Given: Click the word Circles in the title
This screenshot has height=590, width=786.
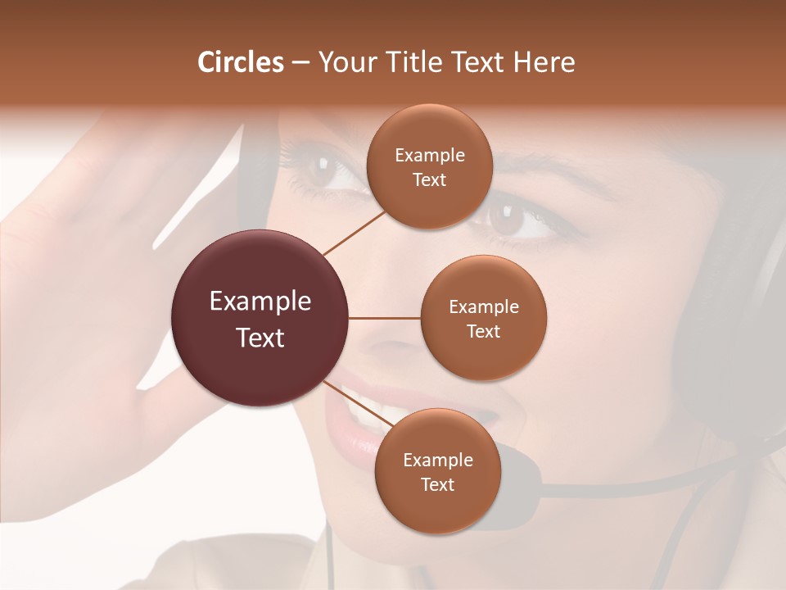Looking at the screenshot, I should tap(240, 62).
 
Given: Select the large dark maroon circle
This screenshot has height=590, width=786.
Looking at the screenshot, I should tap(260, 319).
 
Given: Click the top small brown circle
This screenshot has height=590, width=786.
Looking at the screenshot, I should tap(429, 166).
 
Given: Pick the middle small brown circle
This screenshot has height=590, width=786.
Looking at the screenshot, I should tap(483, 318).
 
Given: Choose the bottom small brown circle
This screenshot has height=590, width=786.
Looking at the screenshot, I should tap(437, 471).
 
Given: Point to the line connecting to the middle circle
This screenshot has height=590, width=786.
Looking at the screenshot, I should tap(384, 318).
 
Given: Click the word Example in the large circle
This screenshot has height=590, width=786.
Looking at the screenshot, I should tap(260, 301).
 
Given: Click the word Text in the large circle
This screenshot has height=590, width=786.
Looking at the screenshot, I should tap(260, 338).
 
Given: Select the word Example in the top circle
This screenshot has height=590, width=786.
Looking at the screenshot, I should tap(429, 155).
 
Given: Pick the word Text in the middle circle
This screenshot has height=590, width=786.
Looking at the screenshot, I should tap(483, 331).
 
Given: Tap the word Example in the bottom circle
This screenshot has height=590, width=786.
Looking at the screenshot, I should tap(437, 460).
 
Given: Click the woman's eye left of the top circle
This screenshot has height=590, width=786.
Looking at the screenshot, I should tap(321, 170).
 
